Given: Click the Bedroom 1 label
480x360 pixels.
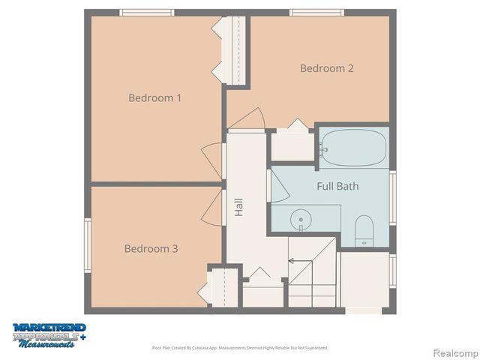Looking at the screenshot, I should coord(155,97).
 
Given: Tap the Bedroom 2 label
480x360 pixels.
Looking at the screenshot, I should coord(327,68).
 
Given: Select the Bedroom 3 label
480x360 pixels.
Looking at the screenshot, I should coord(151,248).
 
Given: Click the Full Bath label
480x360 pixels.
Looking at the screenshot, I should coord(337,186).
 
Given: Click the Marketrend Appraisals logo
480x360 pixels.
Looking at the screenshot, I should coord(49,334).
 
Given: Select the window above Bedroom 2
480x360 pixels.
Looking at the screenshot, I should coord(317,13).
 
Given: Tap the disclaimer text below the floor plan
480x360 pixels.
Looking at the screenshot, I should coord(240,348).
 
